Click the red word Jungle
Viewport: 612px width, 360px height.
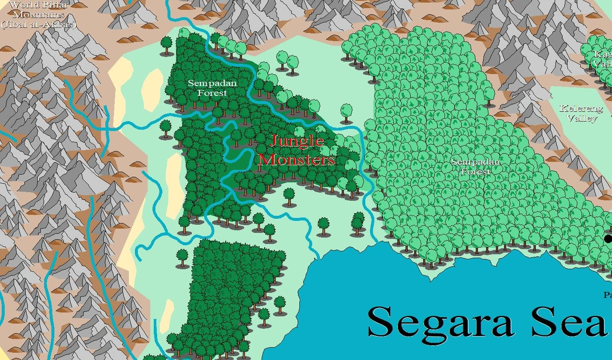pos(297,141)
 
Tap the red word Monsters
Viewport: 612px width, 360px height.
pos(297,160)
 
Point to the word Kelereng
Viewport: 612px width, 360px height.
pos(581,109)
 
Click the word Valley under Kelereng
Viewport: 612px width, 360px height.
pos(582,118)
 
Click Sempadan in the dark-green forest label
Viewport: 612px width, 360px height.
pos(206,84)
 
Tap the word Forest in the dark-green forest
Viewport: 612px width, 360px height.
pos(207,93)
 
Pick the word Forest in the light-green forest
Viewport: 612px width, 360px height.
pos(476,172)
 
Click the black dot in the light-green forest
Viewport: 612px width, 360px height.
pos(608,239)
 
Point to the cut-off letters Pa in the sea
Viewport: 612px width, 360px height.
pos(607,295)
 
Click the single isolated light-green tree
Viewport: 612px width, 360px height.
pos(346,110)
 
